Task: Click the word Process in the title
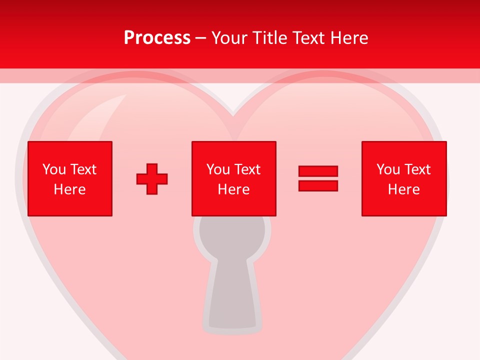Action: [157, 38]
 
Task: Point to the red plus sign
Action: [152, 178]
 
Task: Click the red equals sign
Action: [318, 178]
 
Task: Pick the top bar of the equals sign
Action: [318, 171]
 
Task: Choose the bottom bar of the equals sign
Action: [318, 185]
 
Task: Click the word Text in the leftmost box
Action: [83, 169]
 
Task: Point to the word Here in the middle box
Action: [233, 189]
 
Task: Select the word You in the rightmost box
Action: [388, 169]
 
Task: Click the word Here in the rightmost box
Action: [403, 189]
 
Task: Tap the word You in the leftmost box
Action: [54, 169]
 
